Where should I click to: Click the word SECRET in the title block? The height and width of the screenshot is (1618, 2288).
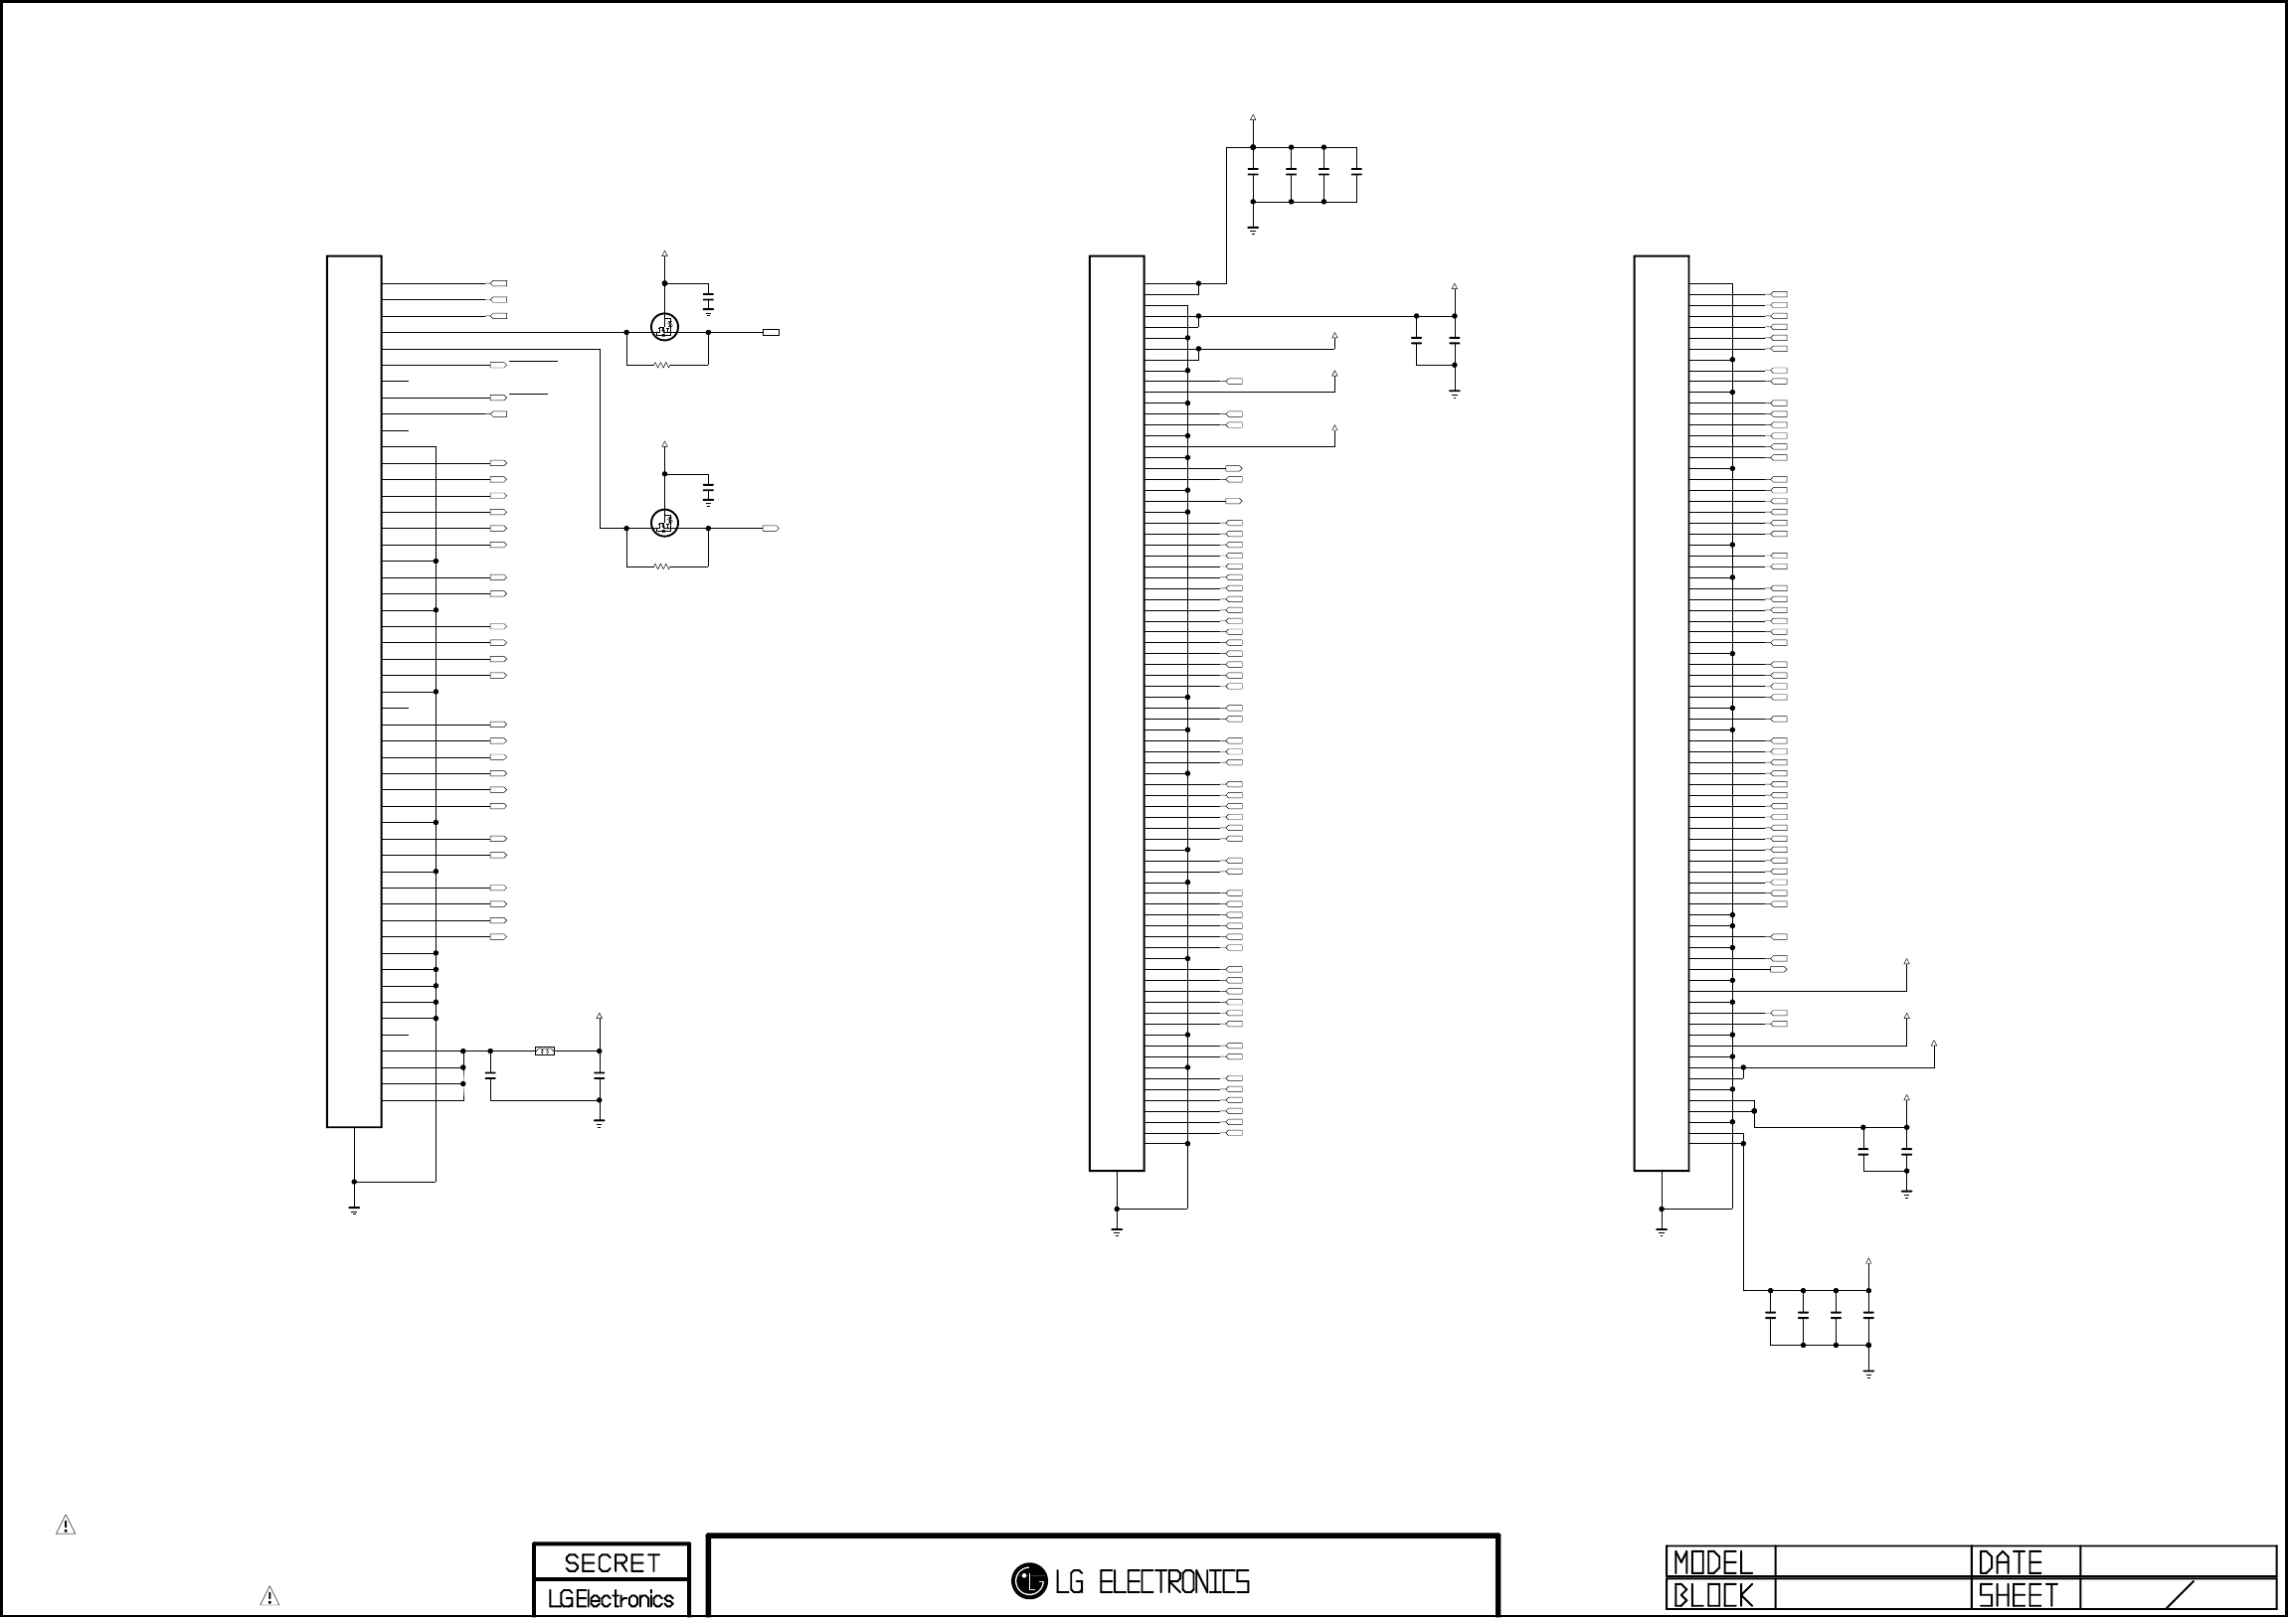pyautogui.click(x=611, y=1562)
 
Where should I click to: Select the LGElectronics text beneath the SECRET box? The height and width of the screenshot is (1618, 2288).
pyautogui.click(x=611, y=1599)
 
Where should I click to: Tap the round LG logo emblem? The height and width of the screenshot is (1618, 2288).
pyautogui.click(x=1028, y=1581)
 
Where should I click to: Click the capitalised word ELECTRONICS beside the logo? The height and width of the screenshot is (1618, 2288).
pyautogui.click(x=1173, y=1582)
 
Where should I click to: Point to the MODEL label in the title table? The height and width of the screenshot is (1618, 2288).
pyautogui.click(x=1712, y=1562)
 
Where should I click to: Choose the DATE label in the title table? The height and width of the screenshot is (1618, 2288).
pyautogui.click(x=2009, y=1562)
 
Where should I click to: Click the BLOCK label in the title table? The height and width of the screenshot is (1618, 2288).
pyautogui.click(x=1712, y=1596)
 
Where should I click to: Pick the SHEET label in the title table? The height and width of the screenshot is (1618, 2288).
pyautogui.click(x=2017, y=1596)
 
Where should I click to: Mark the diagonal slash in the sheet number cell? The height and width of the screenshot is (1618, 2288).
pyautogui.click(x=2181, y=1595)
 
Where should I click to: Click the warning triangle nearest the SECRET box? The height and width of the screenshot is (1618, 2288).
pyautogui.click(x=269, y=1596)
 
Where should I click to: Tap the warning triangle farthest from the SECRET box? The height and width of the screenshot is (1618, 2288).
pyautogui.click(x=66, y=1525)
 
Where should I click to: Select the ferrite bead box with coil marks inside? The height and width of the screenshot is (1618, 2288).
pyautogui.click(x=545, y=1052)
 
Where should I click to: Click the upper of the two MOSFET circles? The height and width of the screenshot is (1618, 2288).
pyautogui.click(x=664, y=326)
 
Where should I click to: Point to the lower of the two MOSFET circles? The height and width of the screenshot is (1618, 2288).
pyautogui.click(x=664, y=522)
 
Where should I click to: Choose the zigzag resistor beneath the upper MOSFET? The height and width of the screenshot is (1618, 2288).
pyautogui.click(x=661, y=366)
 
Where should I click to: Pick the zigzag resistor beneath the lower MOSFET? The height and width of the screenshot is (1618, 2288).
pyautogui.click(x=661, y=566)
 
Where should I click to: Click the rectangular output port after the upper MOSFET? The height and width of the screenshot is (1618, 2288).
pyautogui.click(x=771, y=333)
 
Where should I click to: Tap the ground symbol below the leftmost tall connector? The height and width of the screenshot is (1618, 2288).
pyautogui.click(x=354, y=1211)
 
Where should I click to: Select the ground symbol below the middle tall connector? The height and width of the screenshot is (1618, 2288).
pyautogui.click(x=1116, y=1232)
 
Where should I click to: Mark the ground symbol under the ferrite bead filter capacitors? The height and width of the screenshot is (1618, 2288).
pyautogui.click(x=599, y=1123)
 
